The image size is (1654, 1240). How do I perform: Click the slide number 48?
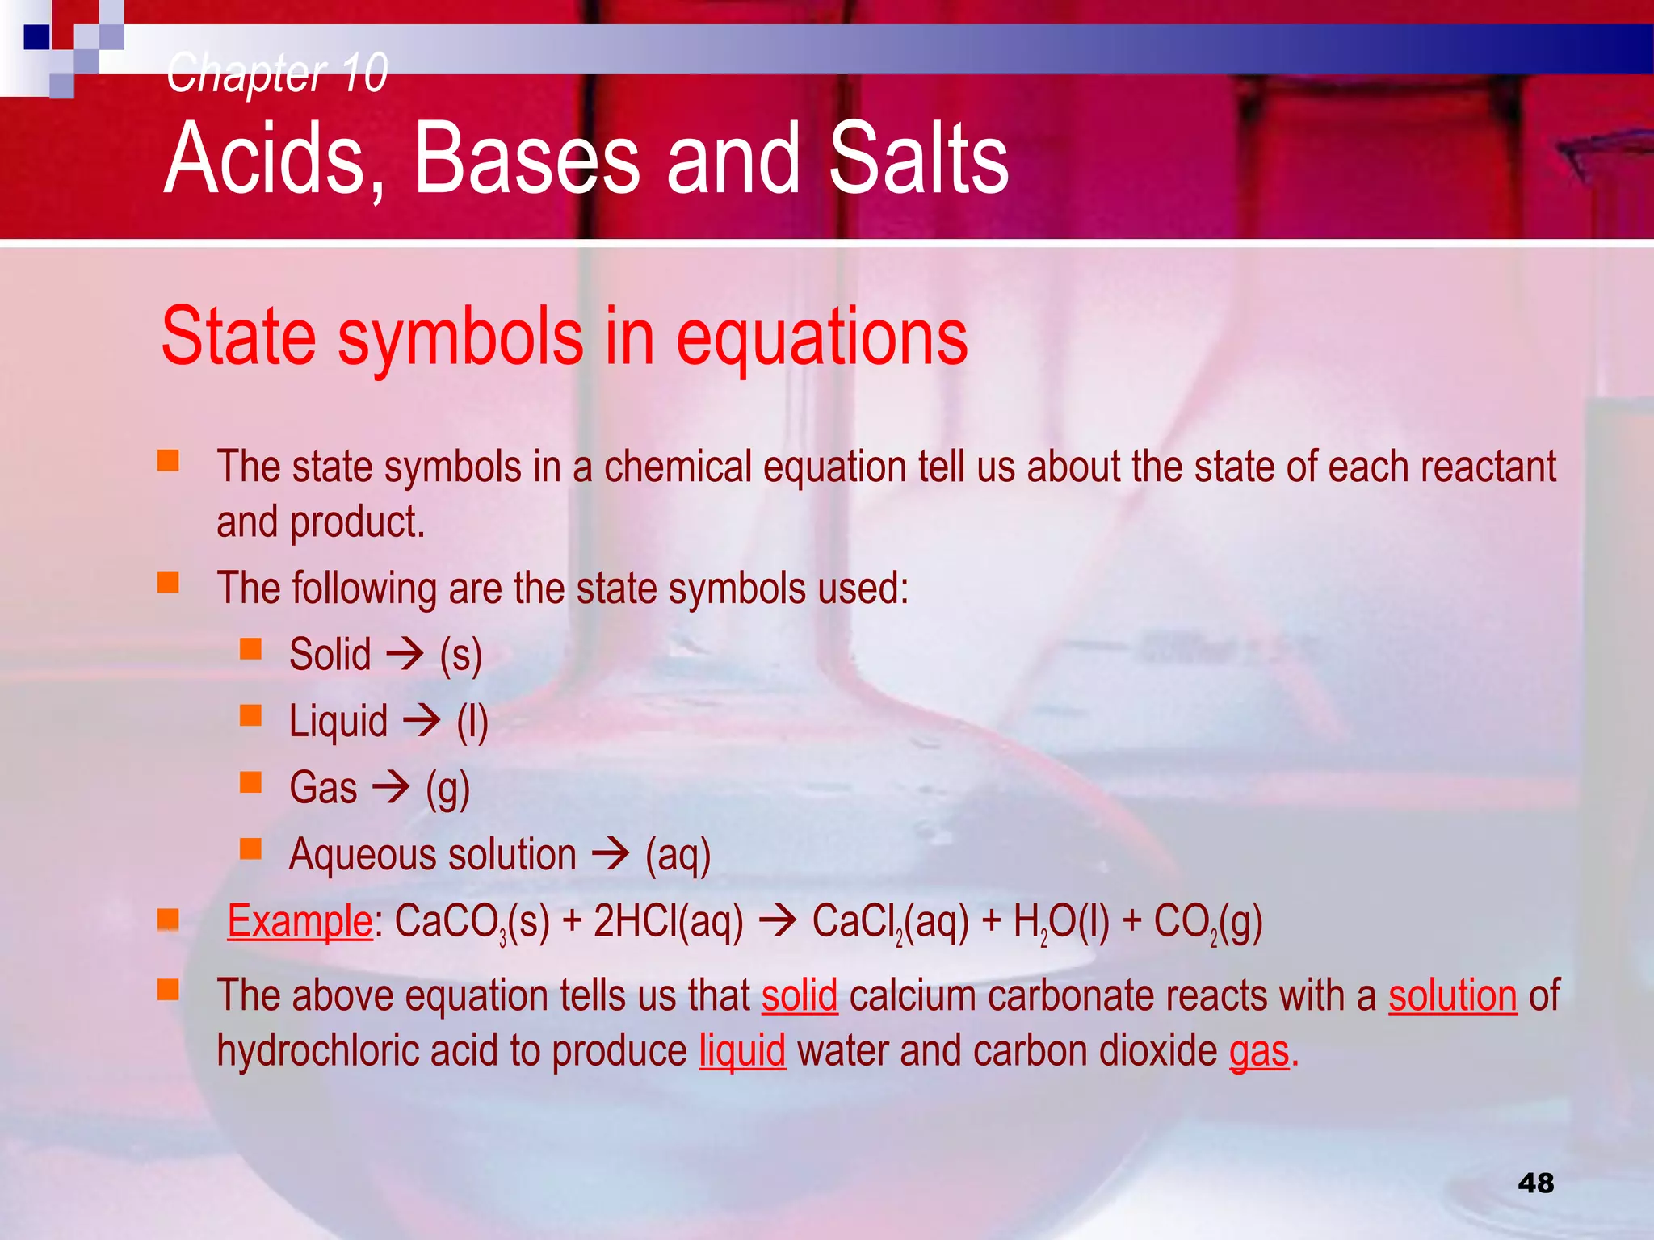(1535, 1183)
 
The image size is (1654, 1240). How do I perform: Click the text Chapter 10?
(277, 73)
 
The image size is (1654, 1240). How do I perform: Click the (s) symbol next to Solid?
(461, 655)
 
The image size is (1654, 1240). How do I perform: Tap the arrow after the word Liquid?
(422, 719)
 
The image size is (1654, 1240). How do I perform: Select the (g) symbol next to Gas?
(448, 789)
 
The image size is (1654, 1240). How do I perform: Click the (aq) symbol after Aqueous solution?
(678, 855)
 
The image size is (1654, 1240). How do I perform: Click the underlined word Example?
(300, 921)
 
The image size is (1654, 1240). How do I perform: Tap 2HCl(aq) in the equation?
(668, 922)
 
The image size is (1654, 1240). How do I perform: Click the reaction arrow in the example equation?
(779, 921)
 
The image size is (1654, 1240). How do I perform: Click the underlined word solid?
(800, 995)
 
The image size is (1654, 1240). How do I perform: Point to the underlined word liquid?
(742, 1051)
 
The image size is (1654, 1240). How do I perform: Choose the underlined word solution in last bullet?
(1452, 995)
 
